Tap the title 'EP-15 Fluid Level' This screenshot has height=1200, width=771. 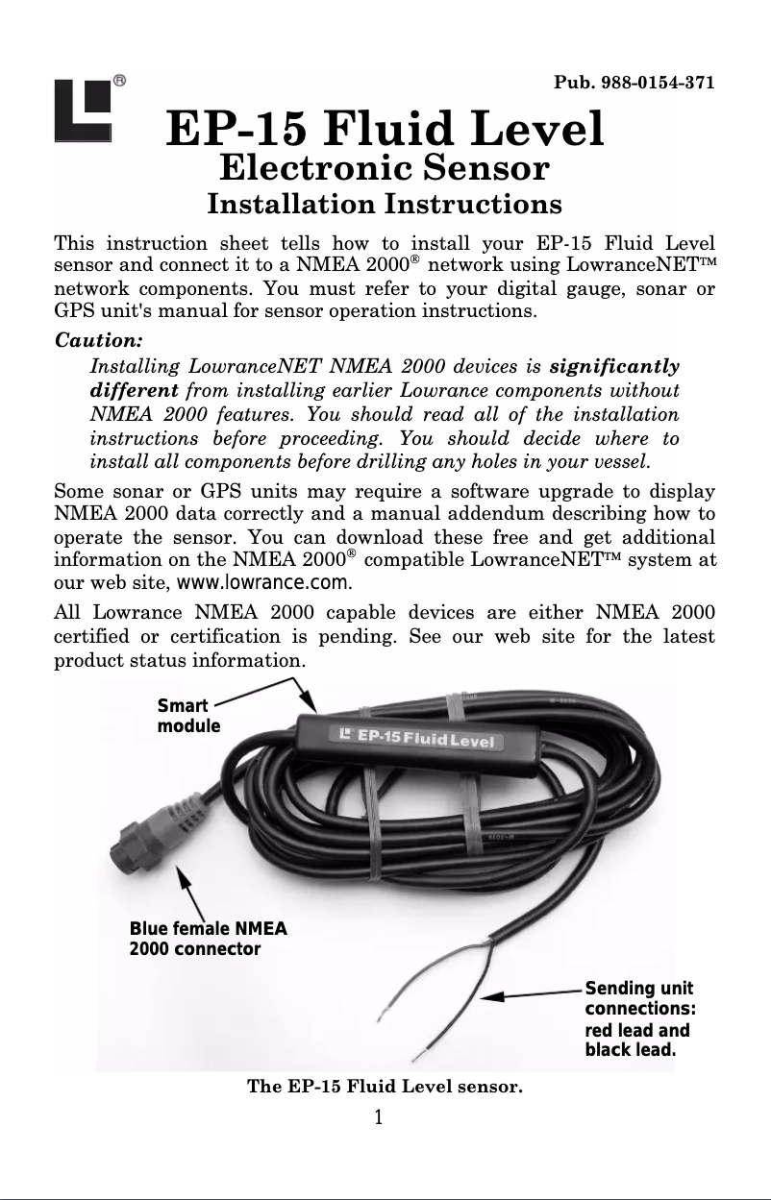pyautogui.click(x=385, y=130)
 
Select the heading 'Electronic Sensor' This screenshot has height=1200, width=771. pyautogui.click(x=385, y=170)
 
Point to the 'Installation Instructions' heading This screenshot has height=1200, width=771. pyautogui.click(x=385, y=205)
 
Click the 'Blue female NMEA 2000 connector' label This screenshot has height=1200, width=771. pyautogui.click(x=208, y=939)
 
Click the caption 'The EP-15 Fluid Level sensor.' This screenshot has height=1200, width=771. pyautogui.click(x=385, y=1088)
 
